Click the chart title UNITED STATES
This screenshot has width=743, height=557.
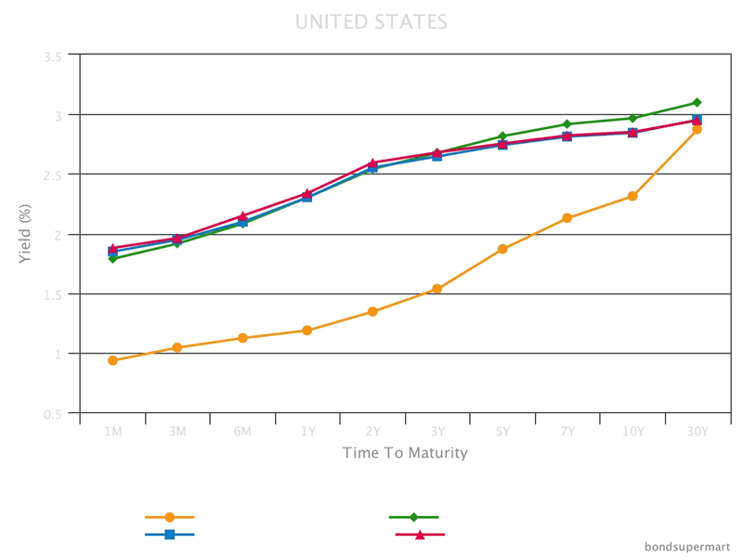tap(371, 21)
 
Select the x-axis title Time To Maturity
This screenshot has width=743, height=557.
tap(404, 453)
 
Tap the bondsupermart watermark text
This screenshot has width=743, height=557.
tap(687, 546)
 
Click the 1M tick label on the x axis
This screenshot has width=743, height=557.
tap(112, 432)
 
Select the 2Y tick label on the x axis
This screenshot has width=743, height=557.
tap(372, 432)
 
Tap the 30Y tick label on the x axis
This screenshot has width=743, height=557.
tap(697, 432)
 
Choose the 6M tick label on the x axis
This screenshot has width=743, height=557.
tap(242, 432)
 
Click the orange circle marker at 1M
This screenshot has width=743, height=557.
tap(112, 360)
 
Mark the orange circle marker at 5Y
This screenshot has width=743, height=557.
tap(502, 249)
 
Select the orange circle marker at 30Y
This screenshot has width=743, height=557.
tap(697, 129)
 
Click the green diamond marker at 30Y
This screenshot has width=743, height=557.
tap(697, 102)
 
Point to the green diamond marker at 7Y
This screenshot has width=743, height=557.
tap(567, 123)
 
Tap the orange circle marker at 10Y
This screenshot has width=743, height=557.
tap(632, 196)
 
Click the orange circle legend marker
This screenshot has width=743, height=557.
tap(169, 517)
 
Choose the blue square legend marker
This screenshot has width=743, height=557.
tap(169, 535)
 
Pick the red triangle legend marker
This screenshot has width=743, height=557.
tap(420, 535)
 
